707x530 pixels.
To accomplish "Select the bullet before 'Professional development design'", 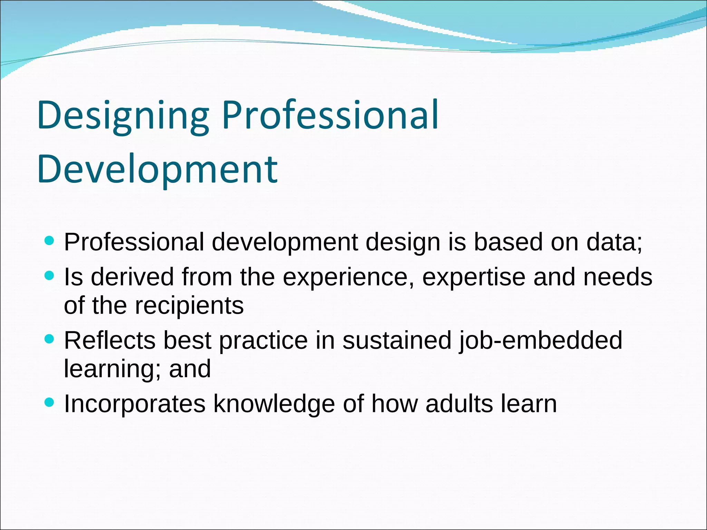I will pyautogui.click(x=50, y=241).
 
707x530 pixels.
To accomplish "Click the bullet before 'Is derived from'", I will pyautogui.click(x=50, y=276).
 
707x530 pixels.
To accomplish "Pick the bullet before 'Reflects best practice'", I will pyautogui.click(x=50, y=339).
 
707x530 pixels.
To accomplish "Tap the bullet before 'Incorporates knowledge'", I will pyautogui.click(x=50, y=402).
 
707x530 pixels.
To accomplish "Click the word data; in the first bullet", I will pyautogui.click(x=614, y=242).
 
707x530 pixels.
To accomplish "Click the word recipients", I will pyautogui.click(x=189, y=306).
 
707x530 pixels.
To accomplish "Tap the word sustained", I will pyautogui.click(x=397, y=340).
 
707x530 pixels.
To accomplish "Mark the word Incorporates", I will pyautogui.click(x=135, y=404).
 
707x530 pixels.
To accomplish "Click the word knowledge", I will pyautogui.click(x=274, y=404).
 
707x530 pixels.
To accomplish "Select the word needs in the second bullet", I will pyautogui.click(x=618, y=277).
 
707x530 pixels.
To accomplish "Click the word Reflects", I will pyautogui.click(x=109, y=340).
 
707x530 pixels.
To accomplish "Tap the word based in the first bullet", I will pyautogui.click(x=508, y=242).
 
